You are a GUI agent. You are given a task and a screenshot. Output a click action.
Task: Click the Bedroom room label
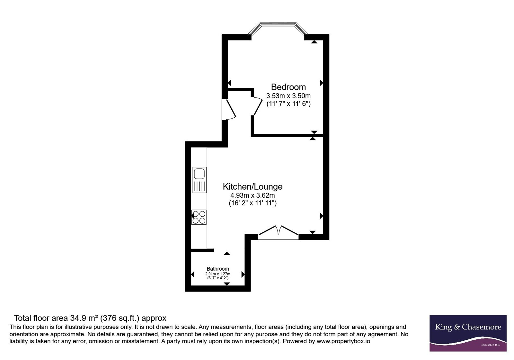click(x=288, y=87)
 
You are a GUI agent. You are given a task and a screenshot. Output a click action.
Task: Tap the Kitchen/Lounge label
click(x=253, y=186)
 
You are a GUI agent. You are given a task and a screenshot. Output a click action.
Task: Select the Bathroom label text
click(x=218, y=269)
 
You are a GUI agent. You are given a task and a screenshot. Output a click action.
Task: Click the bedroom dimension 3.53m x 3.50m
click(x=288, y=95)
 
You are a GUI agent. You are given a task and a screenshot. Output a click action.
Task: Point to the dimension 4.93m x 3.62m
click(x=253, y=195)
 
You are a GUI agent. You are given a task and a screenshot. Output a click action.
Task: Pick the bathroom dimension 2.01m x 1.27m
click(x=218, y=274)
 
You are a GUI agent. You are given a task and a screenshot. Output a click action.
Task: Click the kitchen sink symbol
click(x=199, y=180)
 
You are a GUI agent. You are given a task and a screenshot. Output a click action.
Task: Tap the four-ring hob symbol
click(x=199, y=217)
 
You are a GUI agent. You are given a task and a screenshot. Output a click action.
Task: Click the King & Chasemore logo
click(x=468, y=333)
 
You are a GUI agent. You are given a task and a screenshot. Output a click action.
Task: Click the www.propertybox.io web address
click(x=343, y=341)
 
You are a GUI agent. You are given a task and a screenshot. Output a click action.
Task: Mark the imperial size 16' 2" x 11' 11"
click(x=253, y=203)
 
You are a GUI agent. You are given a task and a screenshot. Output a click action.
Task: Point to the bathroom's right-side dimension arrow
click(x=243, y=274)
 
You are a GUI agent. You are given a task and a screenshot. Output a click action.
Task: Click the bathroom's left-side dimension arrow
click(x=193, y=274)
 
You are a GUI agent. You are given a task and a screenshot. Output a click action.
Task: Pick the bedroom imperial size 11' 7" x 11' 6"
click(x=288, y=104)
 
